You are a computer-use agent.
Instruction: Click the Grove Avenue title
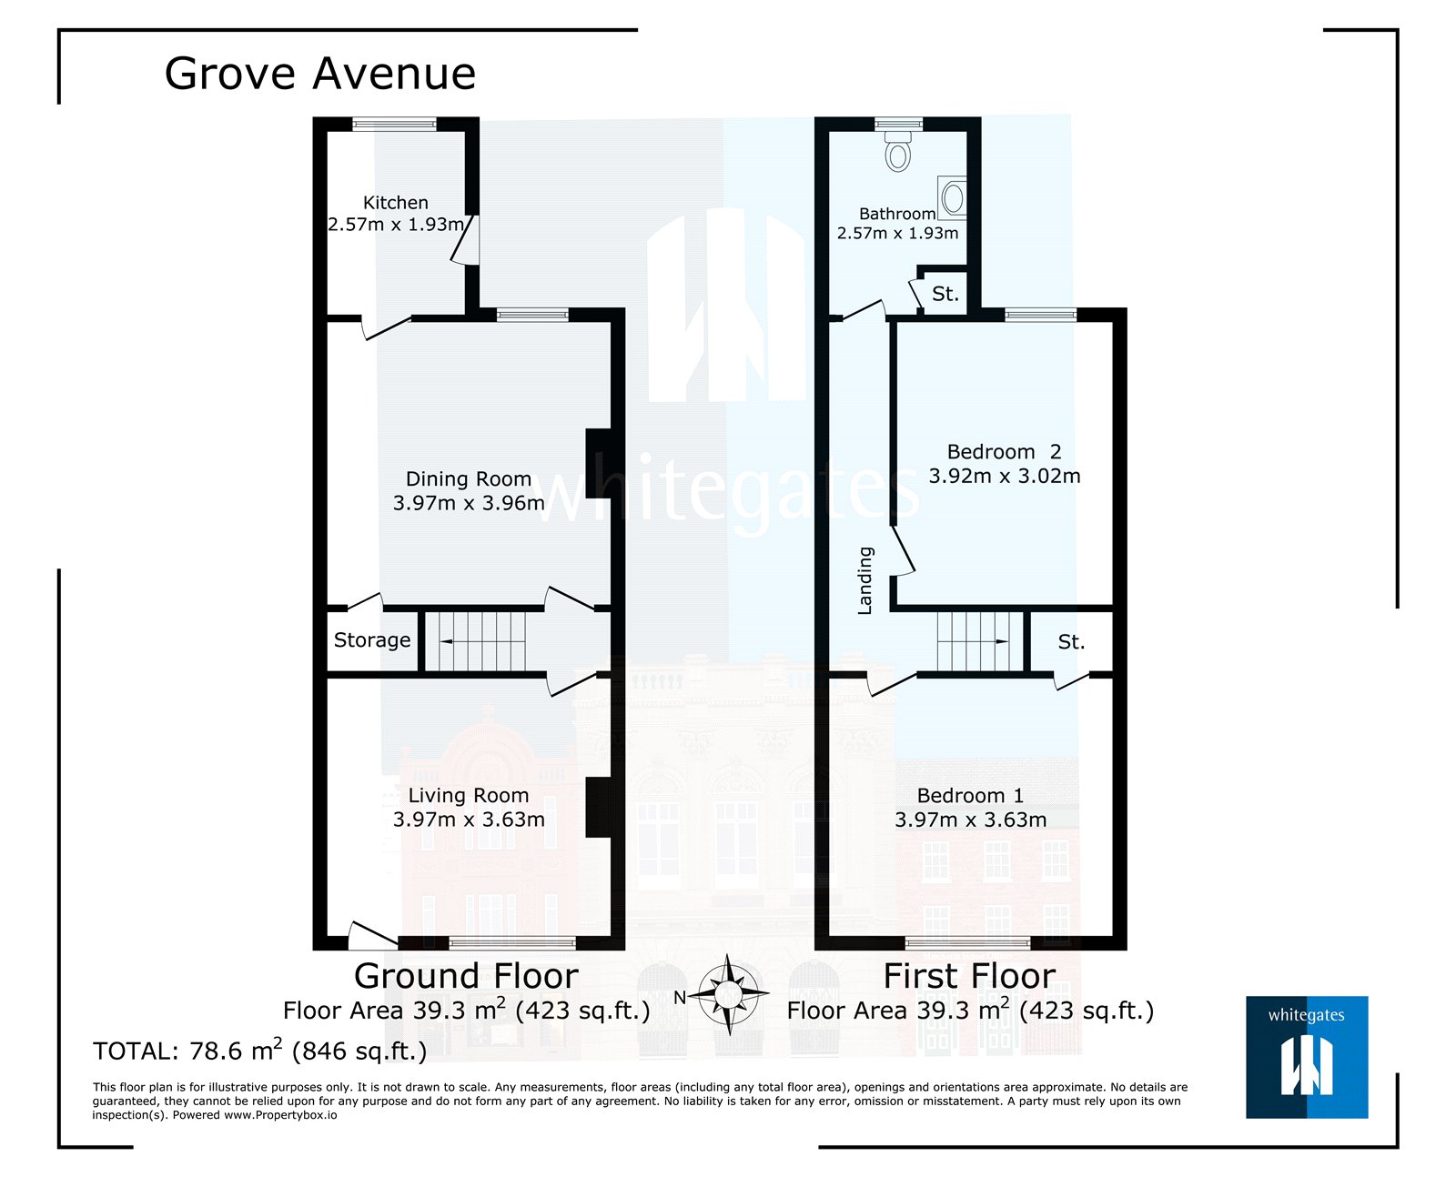[x=319, y=74]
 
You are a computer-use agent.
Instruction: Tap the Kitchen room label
[x=395, y=203]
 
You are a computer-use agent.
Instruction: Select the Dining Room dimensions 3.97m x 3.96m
[x=469, y=503]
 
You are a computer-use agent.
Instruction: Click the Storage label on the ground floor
[x=372, y=640]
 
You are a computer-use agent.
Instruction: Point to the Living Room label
[x=468, y=796]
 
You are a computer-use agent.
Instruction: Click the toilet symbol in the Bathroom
[x=898, y=151]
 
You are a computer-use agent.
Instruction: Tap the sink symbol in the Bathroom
[x=953, y=197]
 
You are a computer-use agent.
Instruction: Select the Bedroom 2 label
[x=1004, y=452]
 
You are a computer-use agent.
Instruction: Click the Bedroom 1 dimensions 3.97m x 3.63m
[x=970, y=820]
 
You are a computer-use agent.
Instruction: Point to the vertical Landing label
[x=865, y=580]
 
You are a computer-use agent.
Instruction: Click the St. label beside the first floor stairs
[x=1071, y=642]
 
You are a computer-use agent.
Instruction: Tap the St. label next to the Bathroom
[x=945, y=294]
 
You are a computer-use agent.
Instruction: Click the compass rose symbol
[x=729, y=996]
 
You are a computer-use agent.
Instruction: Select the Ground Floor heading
[x=466, y=976]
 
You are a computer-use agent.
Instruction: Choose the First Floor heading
[x=969, y=976]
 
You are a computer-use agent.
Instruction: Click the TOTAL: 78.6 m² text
[x=259, y=1051]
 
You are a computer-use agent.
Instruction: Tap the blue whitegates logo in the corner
[x=1307, y=1056]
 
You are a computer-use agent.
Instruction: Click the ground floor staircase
[x=476, y=641]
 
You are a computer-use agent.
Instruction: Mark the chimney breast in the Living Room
[x=599, y=807]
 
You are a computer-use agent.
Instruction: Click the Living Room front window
[x=512, y=943]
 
